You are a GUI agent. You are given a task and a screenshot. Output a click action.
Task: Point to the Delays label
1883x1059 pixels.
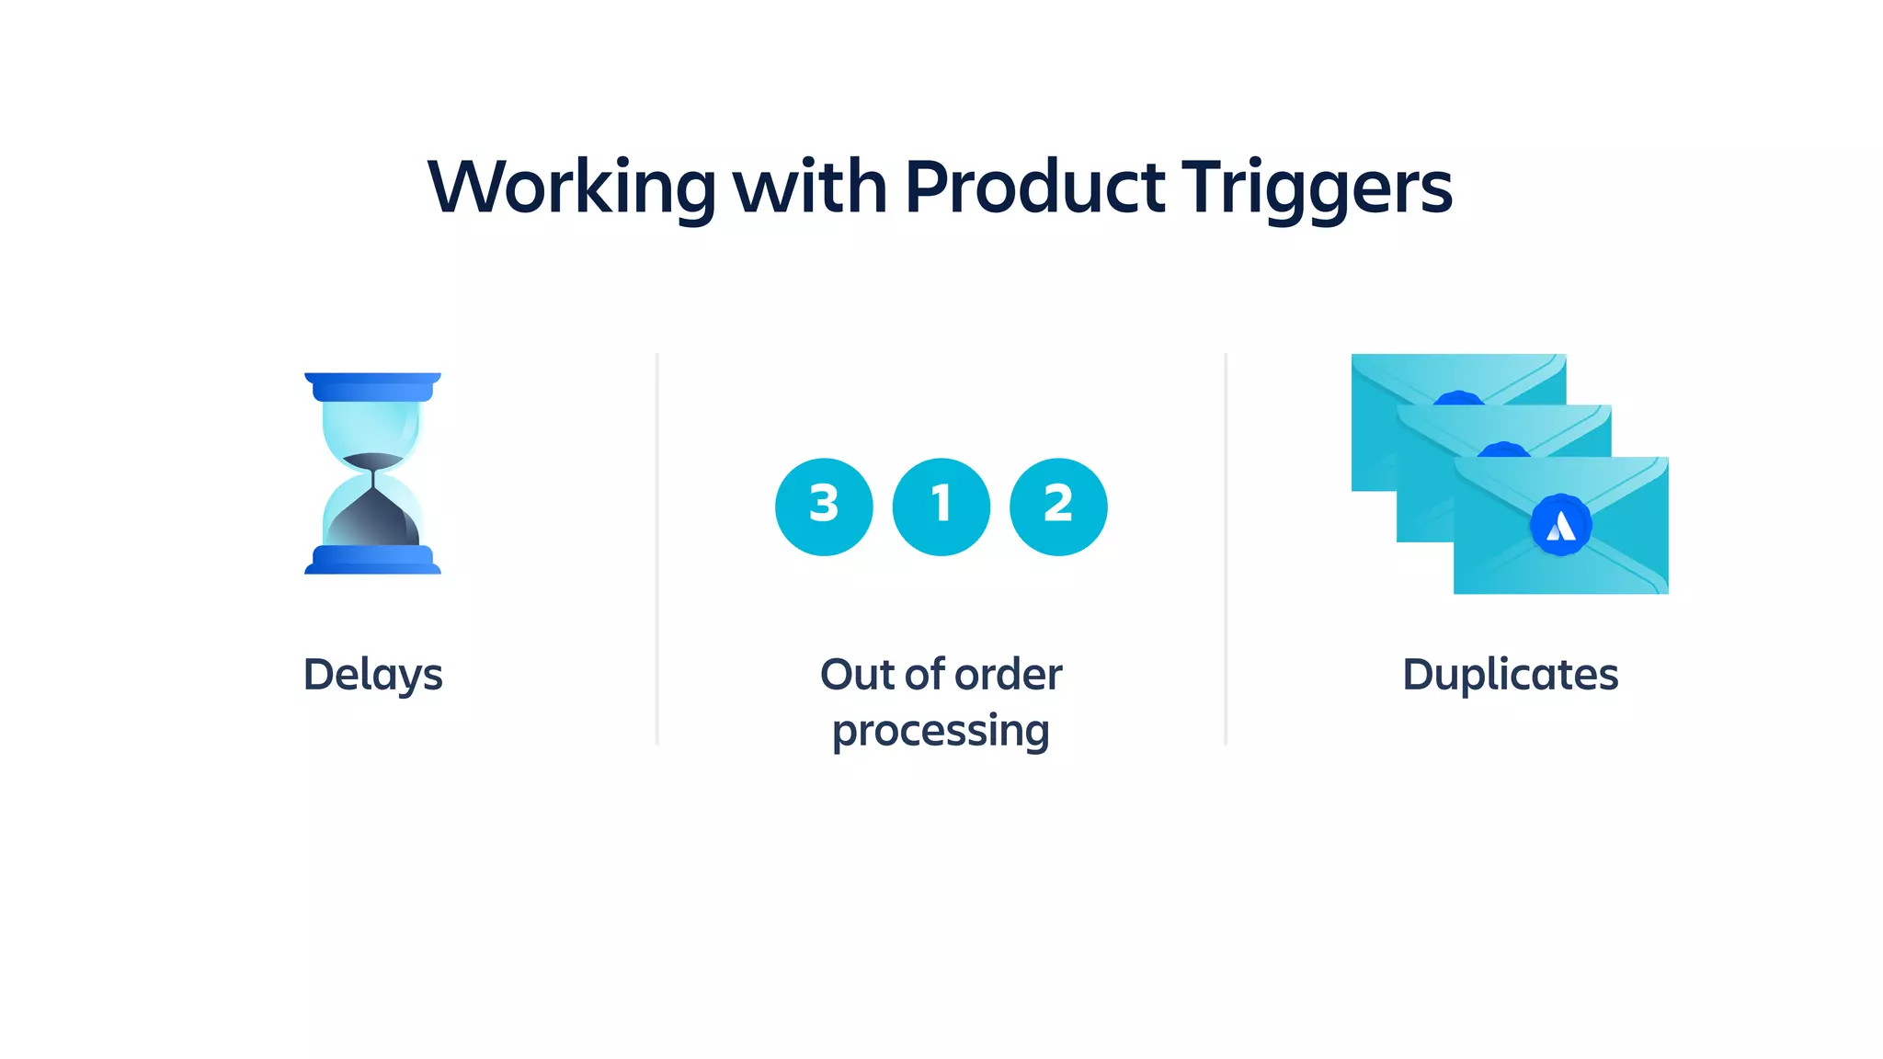[x=372, y=676]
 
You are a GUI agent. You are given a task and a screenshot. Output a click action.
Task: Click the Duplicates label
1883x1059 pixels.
[x=1510, y=674]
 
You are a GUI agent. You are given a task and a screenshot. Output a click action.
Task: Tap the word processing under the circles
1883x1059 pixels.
[x=941, y=732]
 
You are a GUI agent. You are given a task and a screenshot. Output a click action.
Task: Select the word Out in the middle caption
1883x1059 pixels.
[x=856, y=674]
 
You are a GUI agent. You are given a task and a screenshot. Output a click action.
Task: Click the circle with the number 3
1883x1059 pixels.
[x=824, y=507]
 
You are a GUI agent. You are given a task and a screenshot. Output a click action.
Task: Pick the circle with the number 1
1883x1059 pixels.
[x=941, y=507]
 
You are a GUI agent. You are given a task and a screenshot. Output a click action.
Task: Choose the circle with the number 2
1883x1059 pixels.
[x=1058, y=507]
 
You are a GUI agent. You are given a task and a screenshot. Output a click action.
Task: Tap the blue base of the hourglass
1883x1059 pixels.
[x=372, y=560]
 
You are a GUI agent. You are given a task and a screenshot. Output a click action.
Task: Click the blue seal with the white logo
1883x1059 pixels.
[x=1560, y=525]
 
